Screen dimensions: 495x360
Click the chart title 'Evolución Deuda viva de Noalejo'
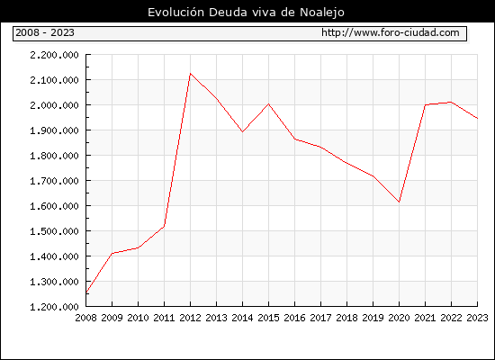point(246,13)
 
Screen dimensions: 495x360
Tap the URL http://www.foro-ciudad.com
point(391,32)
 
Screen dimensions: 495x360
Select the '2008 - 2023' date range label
point(45,32)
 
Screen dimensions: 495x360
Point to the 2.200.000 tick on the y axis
point(54,55)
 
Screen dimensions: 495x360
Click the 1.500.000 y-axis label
point(54,231)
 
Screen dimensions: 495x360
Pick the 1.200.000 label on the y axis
point(54,307)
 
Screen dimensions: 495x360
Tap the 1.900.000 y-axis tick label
point(54,130)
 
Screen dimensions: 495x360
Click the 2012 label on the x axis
point(190,318)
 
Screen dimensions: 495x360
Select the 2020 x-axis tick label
point(399,318)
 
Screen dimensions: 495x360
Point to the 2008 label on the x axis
point(85,318)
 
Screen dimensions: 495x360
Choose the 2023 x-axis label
point(477,318)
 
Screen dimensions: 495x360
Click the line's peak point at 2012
point(190,74)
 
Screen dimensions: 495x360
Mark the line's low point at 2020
point(399,202)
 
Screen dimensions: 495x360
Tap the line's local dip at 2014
point(242,131)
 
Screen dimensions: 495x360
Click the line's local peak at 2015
point(269,103)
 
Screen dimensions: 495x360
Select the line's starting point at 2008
point(86,292)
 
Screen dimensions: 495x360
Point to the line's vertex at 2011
point(164,226)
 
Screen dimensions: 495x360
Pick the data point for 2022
point(451,102)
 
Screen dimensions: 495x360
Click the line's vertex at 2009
point(112,253)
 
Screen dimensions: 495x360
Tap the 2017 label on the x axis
point(320,318)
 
